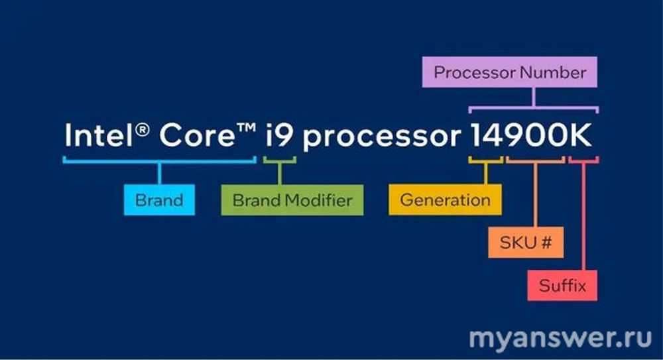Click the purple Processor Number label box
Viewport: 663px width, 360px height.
pyautogui.click(x=509, y=72)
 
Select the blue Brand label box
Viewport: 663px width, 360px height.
pyautogui.click(x=159, y=200)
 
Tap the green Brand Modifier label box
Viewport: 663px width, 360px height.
pyautogui.click(x=292, y=200)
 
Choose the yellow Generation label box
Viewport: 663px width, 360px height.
pyautogui.click(x=446, y=200)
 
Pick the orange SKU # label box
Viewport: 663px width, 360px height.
pyautogui.click(x=526, y=243)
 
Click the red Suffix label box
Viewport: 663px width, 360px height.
pyautogui.click(x=562, y=286)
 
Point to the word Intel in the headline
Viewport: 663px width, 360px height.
pyautogui.click(x=99, y=135)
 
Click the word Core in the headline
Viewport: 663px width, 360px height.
pyautogui.click(x=197, y=135)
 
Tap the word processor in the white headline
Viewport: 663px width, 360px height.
pyautogui.click(x=382, y=137)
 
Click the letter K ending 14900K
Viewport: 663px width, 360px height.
pyautogui.click(x=581, y=135)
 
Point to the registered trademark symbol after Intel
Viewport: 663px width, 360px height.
pyautogui.click(x=143, y=129)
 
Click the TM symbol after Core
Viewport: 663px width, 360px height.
pyautogui.click(x=247, y=127)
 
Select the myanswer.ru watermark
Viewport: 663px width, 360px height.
pyautogui.click(x=560, y=338)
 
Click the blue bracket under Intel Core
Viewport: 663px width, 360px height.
pyautogui.click(x=159, y=160)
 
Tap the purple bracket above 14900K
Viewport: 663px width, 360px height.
pyautogui.click(x=534, y=107)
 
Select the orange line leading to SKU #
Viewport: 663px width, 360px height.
pyautogui.click(x=535, y=195)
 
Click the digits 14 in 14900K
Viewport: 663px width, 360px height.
pyautogui.click(x=486, y=135)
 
